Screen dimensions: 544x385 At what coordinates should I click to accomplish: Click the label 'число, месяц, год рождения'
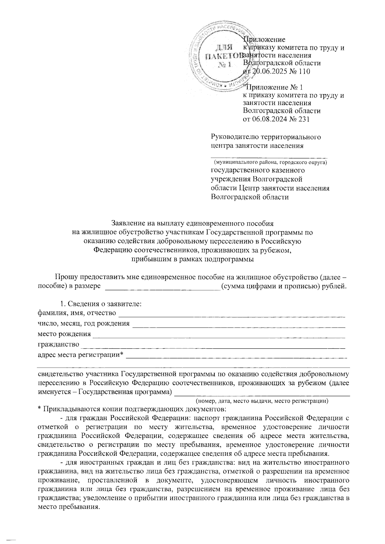(x=84, y=323)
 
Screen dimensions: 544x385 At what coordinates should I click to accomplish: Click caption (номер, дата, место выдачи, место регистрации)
(x=262, y=401)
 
